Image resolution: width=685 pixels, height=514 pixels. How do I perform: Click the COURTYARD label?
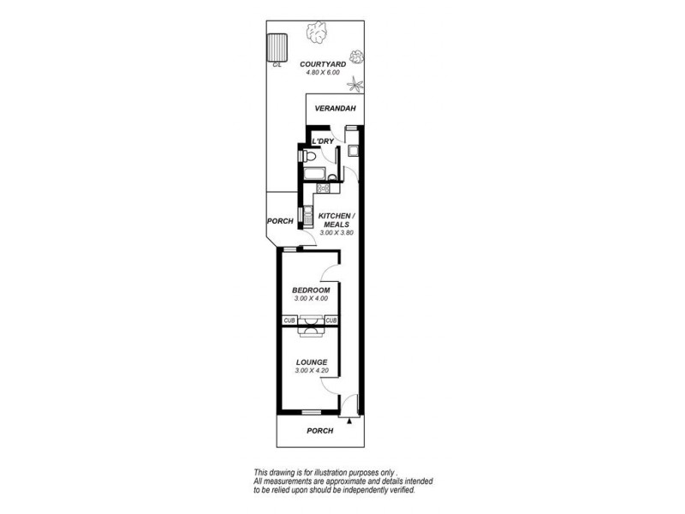point(323,64)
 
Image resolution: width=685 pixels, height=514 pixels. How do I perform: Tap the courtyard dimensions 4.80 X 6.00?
point(323,73)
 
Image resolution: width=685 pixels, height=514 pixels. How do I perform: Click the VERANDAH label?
point(334,109)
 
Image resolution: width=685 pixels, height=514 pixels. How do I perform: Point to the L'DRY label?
point(323,140)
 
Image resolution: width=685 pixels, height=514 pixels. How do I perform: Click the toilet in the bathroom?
point(310,158)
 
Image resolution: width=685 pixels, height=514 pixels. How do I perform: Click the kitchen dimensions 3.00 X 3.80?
point(336,233)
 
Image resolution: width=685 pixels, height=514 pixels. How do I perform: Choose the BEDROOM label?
point(311,290)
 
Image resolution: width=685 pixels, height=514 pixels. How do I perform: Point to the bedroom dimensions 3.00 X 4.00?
point(311,299)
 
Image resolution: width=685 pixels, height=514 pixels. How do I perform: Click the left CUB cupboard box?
point(289,320)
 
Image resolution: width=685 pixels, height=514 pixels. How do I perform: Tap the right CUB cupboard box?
point(331,320)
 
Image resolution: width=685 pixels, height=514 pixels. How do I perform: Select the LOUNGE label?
point(311,362)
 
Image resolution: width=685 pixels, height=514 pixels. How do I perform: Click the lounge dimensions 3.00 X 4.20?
point(311,371)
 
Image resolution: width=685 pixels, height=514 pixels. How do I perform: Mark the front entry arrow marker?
point(349,420)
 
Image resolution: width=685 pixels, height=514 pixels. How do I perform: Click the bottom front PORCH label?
point(319,431)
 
